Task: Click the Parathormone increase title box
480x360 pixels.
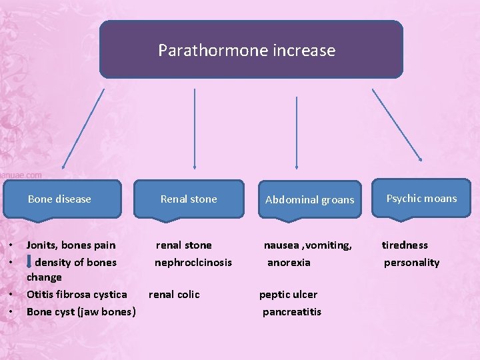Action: [x=251, y=49]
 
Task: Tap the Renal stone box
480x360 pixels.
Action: [x=189, y=199]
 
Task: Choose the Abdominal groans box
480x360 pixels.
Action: [x=309, y=199]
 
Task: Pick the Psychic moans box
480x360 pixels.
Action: [x=421, y=198]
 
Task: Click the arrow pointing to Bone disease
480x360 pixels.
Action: [x=83, y=128]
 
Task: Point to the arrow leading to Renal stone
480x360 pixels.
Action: [x=194, y=128]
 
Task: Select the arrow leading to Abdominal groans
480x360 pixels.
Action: [x=296, y=128]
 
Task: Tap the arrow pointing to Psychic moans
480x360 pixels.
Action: [x=397, y=125]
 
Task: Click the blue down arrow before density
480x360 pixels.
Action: [x=29, y=261]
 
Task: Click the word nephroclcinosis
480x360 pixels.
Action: [x=193, y=263]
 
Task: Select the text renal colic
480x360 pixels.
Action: [x=174, y=295]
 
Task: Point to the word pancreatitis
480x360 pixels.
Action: [x=292, y=312]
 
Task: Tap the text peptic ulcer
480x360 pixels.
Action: [x=288, y=295]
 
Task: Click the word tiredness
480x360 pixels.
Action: [x=405, y=245]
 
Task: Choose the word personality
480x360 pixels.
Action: [x=411, y=263]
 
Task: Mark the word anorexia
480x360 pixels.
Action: [x=289, y=263]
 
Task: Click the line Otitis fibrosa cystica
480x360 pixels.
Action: [x=77, y=295]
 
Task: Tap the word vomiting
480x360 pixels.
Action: [x=329, y=245]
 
